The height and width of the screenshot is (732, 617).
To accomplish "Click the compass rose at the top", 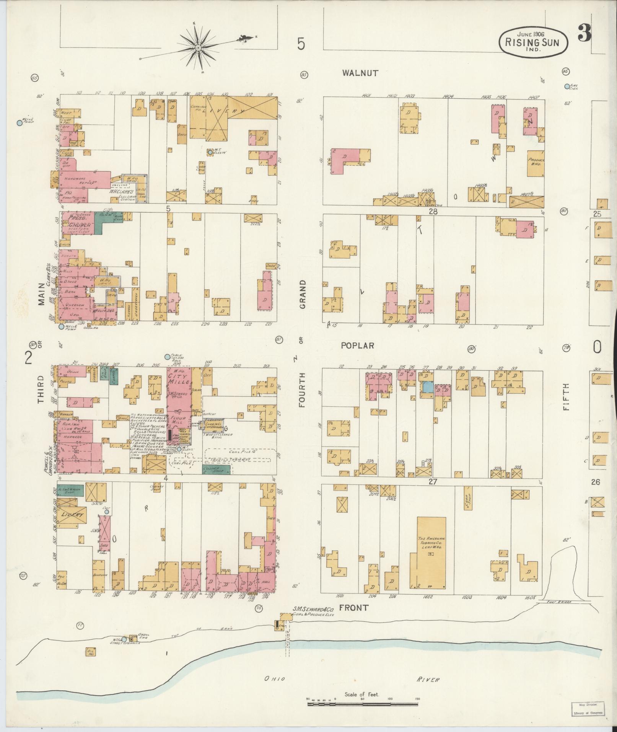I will [x=199, y=48].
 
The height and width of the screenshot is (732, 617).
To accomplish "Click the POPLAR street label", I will [x=357, y=345].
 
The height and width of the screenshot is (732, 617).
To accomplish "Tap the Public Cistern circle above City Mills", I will [x=167, y=357].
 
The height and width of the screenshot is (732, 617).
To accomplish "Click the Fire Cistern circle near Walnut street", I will [x=567, y=86].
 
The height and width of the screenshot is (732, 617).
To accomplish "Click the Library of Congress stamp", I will [x=589, y=709].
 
